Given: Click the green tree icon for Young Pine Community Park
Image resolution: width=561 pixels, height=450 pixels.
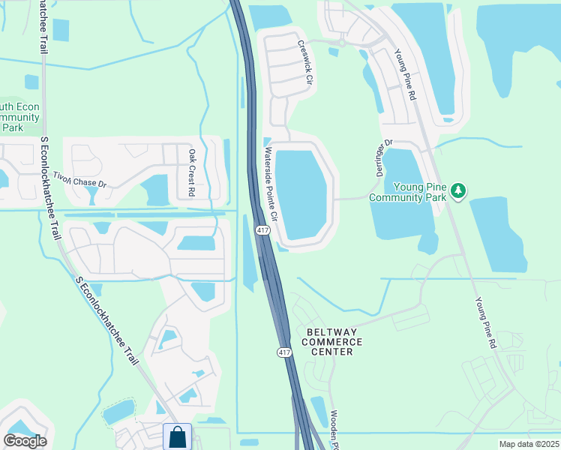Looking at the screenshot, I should pos(457,192).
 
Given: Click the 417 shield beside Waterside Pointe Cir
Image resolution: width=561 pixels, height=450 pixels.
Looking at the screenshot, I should pos(262,231).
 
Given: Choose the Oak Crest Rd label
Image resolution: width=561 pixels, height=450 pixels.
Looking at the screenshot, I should pos(191,172).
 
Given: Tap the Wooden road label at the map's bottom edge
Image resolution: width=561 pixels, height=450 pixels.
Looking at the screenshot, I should pos(334,430).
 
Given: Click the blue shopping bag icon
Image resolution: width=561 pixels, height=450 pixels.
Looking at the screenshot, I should pos(177,436).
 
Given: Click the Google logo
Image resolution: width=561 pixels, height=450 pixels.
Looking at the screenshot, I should pos(25,441).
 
